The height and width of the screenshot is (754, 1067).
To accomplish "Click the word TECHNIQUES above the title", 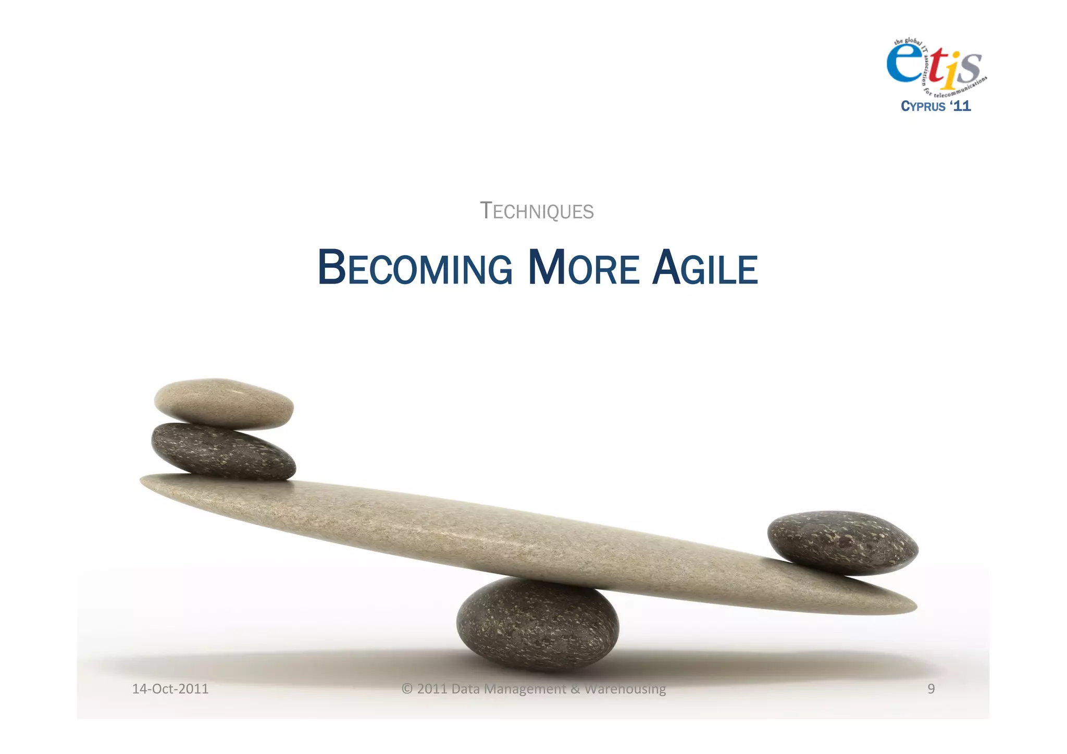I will point(537,211).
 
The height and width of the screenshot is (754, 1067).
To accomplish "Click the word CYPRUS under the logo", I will point(923,106).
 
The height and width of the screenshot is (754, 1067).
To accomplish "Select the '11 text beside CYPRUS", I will point(960,106).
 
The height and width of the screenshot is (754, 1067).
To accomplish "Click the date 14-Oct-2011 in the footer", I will point(170,689).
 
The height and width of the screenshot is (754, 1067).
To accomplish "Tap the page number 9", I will point(931,689).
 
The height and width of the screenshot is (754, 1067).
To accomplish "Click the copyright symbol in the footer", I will point(407,689).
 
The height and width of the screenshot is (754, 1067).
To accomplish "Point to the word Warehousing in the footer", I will point(625,689).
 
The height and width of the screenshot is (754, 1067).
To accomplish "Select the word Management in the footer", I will point(525,689).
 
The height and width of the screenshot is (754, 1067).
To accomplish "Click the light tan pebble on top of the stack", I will point(224,404).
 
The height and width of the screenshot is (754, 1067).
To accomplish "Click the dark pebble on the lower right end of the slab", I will point(842,543).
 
